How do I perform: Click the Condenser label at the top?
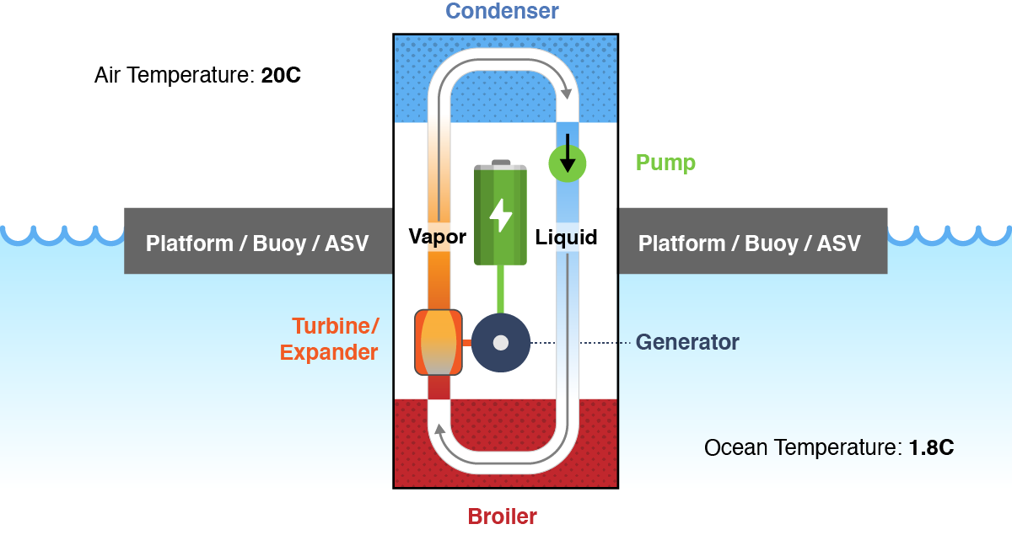503,11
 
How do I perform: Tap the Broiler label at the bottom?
503,516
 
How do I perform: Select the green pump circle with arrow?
568,162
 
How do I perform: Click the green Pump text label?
665,163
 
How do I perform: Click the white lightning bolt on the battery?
500,215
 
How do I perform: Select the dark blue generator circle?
500,343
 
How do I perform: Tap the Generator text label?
687,343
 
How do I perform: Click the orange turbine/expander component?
439,342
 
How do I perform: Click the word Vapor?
438,237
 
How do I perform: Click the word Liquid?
567,238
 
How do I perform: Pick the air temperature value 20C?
281,76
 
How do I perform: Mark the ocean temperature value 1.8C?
931,447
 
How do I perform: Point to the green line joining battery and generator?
500,289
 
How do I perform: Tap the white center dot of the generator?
500,343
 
